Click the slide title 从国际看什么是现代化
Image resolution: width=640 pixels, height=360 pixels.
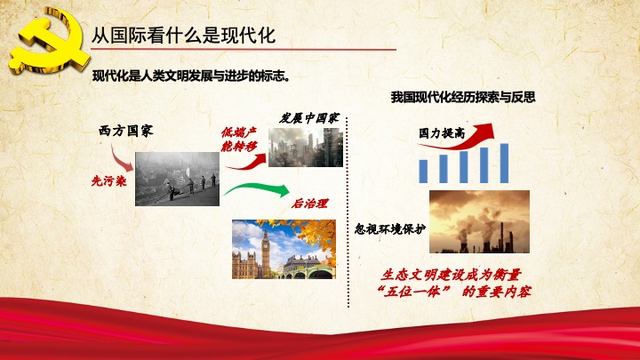point(183,36)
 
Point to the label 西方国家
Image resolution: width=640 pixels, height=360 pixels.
point(125,131)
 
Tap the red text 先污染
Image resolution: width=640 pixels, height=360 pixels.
point(109,180)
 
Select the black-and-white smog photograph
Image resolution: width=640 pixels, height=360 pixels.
point(177,179)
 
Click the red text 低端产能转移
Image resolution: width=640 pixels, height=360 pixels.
point(239,140)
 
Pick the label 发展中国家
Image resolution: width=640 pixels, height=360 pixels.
point(309,118)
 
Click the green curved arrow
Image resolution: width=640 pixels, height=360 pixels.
point(257,189)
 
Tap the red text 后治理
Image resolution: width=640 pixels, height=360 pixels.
point(309,203)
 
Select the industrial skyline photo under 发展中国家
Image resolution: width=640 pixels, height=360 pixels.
point(306,148)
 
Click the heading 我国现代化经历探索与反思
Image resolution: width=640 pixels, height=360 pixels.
point(463,97)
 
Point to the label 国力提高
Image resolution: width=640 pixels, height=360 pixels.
point(442,132)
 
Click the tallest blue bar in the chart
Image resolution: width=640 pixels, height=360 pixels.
point(505,164)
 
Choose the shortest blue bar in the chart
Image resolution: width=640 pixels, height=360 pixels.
point(423,172)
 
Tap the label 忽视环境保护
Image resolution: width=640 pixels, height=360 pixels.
point(390,229)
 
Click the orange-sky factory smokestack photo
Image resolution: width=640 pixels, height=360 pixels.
point(480,221)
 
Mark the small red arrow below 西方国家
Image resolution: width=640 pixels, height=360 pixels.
point(121,158)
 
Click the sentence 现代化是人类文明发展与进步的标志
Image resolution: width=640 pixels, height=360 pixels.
point(191,76)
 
